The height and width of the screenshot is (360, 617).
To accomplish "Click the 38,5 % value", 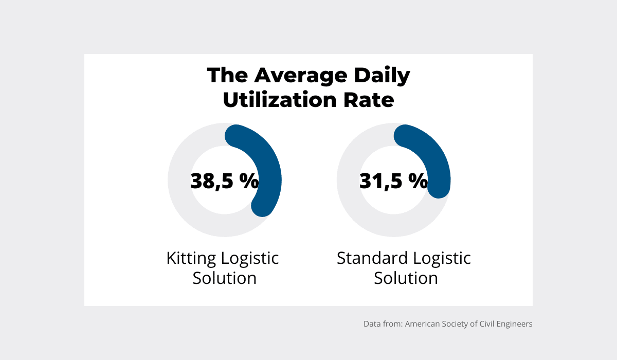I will [x=225, y=181].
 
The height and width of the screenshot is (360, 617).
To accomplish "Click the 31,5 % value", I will [x=393, y=181].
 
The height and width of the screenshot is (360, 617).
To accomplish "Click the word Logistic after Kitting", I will [x=251, y=258].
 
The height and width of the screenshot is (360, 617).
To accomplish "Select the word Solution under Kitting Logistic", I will [x=225, y=278].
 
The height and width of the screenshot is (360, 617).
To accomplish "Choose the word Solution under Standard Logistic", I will [x=406, y=278].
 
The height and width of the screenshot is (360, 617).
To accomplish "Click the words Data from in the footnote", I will [x=383, y=325].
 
